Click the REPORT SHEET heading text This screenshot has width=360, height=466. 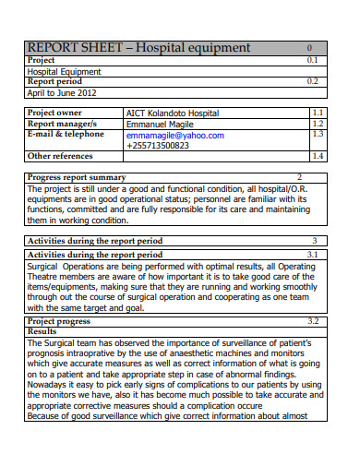138,47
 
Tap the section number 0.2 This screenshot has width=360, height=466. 311,81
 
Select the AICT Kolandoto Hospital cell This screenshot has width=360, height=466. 173,113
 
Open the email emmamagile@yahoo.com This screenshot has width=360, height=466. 175,135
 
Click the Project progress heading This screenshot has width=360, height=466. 59,321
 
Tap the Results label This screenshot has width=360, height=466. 42,330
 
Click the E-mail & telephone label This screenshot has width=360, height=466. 66,134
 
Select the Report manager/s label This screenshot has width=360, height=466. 63,124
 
